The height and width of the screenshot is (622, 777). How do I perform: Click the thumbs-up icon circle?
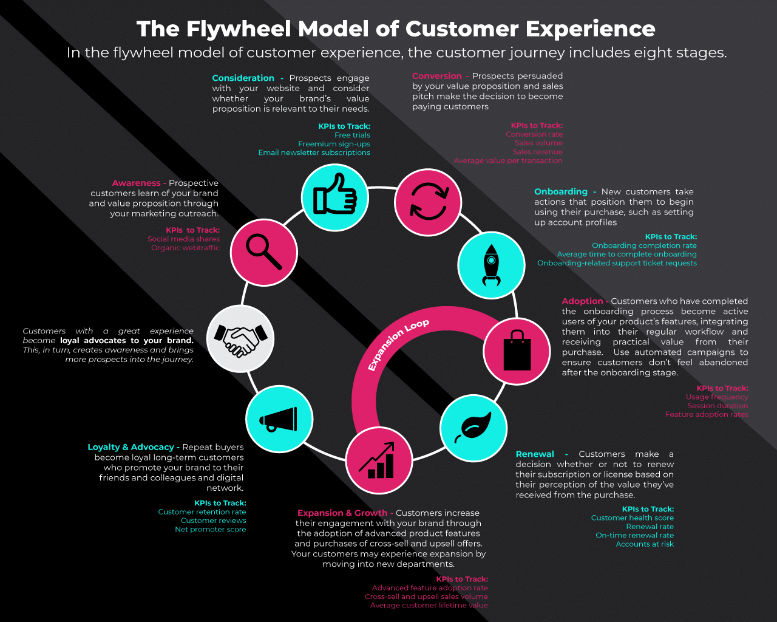point(334,197)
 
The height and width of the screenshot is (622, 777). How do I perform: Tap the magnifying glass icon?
point(264,252)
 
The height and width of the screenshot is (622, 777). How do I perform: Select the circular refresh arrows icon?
point(428,202)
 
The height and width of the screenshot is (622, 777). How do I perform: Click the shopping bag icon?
point(517,351)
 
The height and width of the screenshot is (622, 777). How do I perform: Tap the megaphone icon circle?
point(279,419)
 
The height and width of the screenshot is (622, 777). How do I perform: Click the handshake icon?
point(240,339)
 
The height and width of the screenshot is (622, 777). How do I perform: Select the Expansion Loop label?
point(398,344)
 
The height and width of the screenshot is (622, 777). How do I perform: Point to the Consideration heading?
point(243,78)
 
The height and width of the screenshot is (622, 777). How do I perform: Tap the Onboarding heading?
point(560,192)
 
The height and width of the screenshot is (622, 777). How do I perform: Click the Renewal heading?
point(535,454)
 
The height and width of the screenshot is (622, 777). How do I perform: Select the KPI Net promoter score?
point(210,530)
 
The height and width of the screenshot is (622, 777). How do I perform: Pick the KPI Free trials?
point(352,135)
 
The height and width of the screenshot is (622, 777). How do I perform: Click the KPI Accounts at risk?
point(645,544)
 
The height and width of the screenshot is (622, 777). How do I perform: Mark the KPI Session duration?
point(718,406)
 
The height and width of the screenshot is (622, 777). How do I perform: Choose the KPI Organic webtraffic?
point(185,248)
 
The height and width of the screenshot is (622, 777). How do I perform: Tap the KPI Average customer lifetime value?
point(429,606)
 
